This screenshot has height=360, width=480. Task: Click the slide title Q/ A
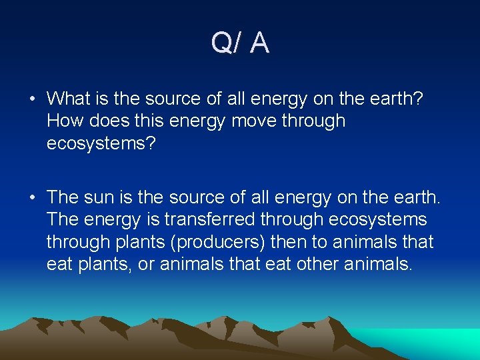(240, 43)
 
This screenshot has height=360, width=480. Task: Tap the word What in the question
(68, 99)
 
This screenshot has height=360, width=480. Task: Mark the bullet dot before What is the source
(32, 99)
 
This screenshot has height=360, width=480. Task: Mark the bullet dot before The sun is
(32, 197)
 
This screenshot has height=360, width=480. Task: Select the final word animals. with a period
(381, 264)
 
